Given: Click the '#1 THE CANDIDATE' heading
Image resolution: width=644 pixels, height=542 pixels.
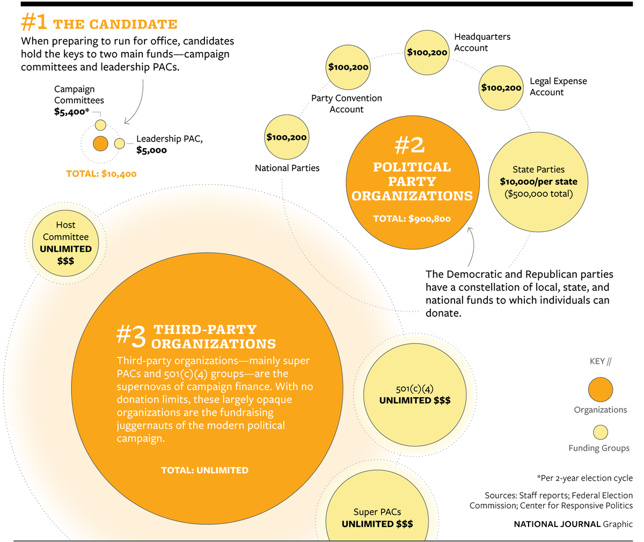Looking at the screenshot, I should [99, 24].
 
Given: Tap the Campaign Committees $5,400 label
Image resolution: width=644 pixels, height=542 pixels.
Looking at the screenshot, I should [79, 100].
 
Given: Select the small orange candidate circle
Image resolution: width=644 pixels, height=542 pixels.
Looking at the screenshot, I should [100, 143].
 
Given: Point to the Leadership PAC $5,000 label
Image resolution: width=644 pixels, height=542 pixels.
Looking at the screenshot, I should [170, 144].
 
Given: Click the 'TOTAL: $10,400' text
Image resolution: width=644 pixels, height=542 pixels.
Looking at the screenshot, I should [101, 174].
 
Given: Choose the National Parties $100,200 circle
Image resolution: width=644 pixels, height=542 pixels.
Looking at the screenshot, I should [287, 137].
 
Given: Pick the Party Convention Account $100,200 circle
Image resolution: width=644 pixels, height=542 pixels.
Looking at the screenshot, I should [348, 68].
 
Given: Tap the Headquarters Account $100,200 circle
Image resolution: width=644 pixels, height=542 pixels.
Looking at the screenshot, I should [427, 53].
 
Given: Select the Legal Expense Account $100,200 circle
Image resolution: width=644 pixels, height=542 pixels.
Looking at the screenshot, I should [501, 87].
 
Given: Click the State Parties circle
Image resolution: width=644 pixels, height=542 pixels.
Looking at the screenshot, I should [538, 181].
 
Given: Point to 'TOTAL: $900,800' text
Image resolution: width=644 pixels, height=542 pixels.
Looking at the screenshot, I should [412, 218].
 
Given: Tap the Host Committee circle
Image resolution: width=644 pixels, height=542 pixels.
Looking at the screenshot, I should [66, 243].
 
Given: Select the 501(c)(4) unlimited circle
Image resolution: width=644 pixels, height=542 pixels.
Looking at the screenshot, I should [414, 394].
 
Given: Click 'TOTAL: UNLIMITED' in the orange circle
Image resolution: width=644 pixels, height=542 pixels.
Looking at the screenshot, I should [204, 470].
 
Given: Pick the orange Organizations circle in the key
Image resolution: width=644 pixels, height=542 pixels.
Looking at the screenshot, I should [600, 390].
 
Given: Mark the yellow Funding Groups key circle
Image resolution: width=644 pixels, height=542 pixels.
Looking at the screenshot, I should [600, 432].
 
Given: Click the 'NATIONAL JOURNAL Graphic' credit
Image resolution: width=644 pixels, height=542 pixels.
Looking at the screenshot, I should [573, 524].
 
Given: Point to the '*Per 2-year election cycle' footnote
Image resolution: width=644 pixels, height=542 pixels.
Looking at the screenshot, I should [584, 478].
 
